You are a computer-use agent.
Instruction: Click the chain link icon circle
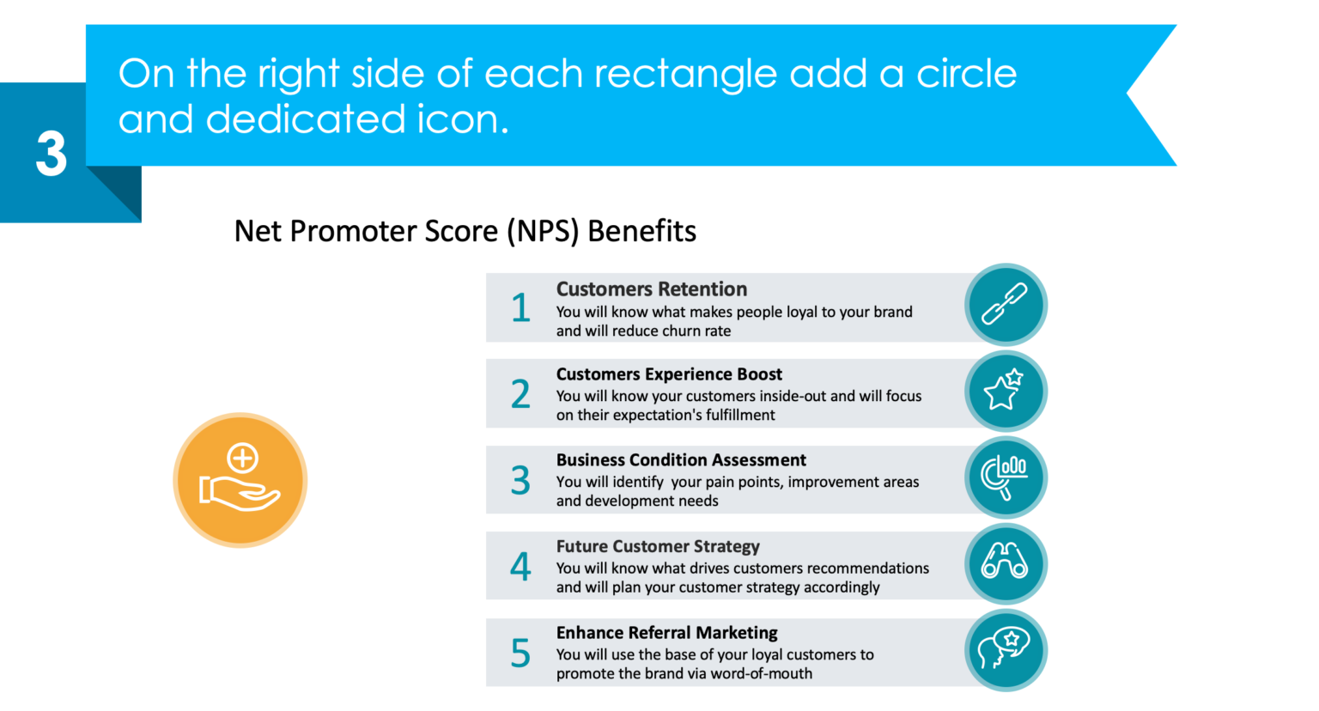coord(1005,305)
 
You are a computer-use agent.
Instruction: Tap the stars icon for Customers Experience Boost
coord(1005,391)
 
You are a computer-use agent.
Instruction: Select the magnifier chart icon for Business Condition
coord(1005,477)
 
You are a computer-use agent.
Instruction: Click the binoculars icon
coord(1005,563)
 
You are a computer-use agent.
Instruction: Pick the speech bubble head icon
coord(1005,650)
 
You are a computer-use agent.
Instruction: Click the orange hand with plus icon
coord(240,480)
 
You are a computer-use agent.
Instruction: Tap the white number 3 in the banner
coord(51,155)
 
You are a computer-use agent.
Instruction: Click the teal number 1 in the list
coord(520,308)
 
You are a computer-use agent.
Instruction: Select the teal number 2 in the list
coord(520,394)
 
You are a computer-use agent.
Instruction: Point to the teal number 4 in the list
coord(520,567)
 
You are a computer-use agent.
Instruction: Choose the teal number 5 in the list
coord(520,653)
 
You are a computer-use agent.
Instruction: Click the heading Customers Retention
coord(651,289)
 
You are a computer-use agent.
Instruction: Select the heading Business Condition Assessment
coord(680,460)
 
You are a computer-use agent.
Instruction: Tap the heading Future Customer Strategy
coord(657,546)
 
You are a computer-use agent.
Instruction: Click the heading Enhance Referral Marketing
coord(666,633)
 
